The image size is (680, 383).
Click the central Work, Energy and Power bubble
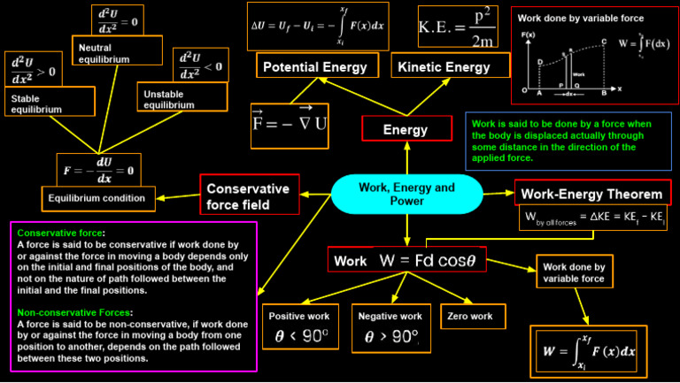click(x=406, y=195)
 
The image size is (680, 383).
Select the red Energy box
click(x=406, y=129)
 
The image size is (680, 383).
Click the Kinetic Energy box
click(x=444, y=67)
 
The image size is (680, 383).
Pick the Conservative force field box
click(x=249, y=196)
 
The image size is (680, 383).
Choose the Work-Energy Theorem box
click(x=592, y=194)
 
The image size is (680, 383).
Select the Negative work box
click(x=390, y=327)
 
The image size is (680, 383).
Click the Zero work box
click(x=473, y=316)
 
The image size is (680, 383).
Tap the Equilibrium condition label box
click(x=98, y=196)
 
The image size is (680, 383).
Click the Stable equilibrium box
click(x=49, y=103)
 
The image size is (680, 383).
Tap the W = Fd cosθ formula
click(x=432, y=261)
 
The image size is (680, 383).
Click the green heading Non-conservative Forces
click(x=75, y=312)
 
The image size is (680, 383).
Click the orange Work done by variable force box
click(x=573, y=272)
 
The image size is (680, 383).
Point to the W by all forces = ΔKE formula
click(x=594, y=217)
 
